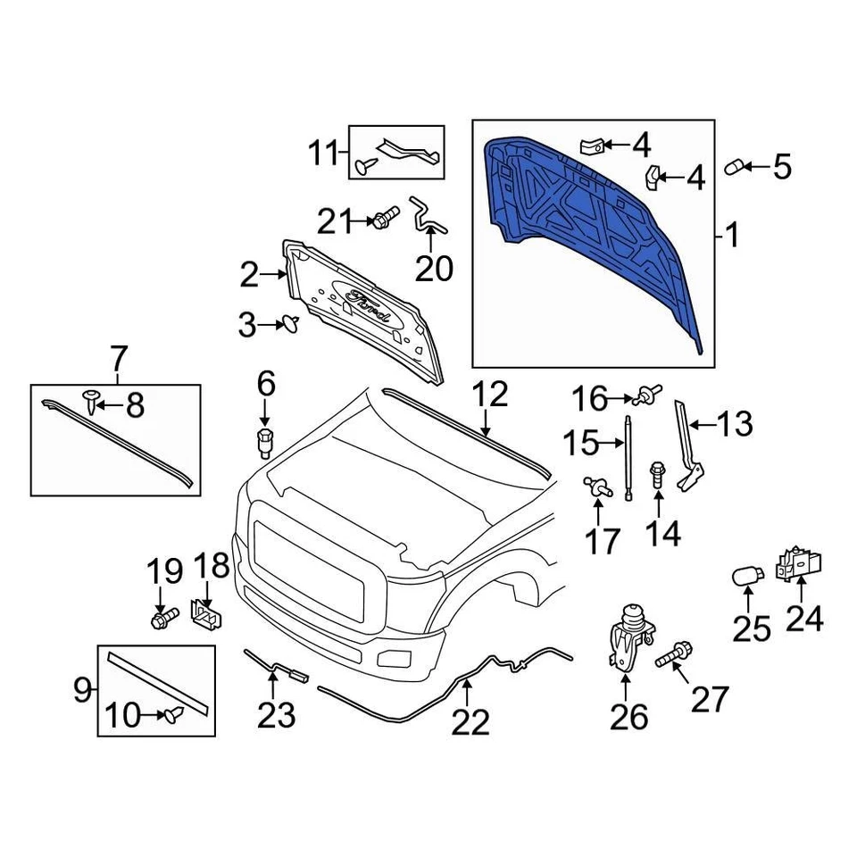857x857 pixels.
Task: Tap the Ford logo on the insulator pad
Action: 366,298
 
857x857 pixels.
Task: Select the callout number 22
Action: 470,721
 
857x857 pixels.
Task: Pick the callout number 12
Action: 490,395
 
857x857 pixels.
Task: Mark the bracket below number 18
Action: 208,615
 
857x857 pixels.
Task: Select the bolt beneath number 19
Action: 165,616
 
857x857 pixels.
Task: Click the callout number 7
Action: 118,361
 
